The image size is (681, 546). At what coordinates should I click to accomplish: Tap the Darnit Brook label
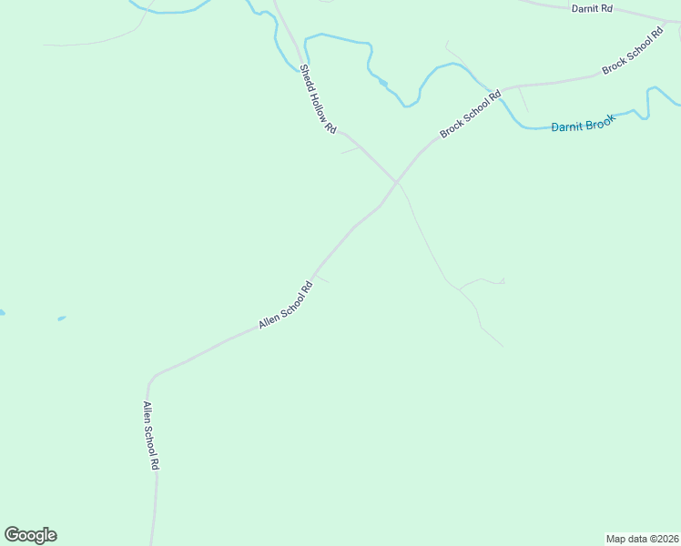pos(584,125)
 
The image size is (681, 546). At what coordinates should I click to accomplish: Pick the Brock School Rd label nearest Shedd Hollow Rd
pos(471,114)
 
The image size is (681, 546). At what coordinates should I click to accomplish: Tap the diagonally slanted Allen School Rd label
pos(285,304)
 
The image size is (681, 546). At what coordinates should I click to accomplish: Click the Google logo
pos(30,535)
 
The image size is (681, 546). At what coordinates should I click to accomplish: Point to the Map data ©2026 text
pos(642,538)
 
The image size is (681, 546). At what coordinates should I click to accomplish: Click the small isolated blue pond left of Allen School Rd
pos(61,318)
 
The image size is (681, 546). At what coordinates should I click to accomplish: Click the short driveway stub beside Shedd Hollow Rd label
pos(349,150)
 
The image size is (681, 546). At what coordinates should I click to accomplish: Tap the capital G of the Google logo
pos(13,535)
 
